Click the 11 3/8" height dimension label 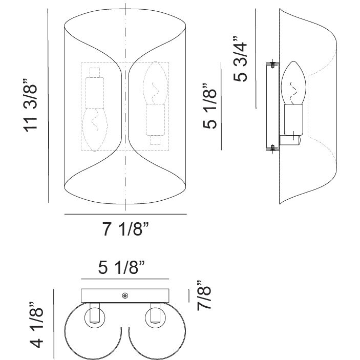click(x=30, y=105)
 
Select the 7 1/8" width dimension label click(x=125, y=229)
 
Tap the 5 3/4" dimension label click(x=240, y=59)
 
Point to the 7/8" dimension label click(x=204, y=295)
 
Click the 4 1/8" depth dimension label click(x=36, y=325)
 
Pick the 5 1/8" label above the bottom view click(x=122, y=267)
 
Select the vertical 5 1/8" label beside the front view click(x=209, y=106)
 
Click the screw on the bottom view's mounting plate click(x=125, y=295)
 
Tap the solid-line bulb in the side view click(x=293, y=83)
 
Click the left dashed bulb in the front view click(x=95, y=130)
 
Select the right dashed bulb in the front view click(x=156, y=83)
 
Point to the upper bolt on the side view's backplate click(x=273, y=65)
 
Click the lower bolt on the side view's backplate click(x=273, y=148)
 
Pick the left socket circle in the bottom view click(x=95, y=318)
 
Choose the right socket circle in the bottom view click(x=156, y=318)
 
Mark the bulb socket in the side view click(x=293, y=120)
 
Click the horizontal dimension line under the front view click(x=125, y=214)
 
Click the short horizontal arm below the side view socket click(x=290, y=140)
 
